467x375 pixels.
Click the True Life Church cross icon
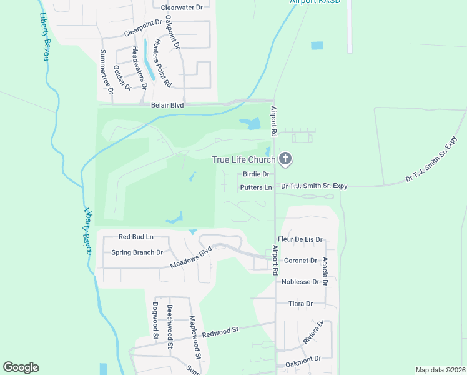(285, 159)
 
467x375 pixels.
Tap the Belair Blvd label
(167, 106)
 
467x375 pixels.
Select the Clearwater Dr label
(182, 7)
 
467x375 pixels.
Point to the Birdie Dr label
(256, 174)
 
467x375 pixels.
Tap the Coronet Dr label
(301, 261)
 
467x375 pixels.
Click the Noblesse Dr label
(300, 282)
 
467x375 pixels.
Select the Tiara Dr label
(300, 304)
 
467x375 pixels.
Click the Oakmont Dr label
(303, 359)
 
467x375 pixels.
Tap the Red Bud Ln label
(136, 237)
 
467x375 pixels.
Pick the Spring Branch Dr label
(137, 252)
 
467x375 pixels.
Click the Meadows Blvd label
(192, 257)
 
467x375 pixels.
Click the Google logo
(21, 367)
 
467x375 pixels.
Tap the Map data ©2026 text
(440, 370)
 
